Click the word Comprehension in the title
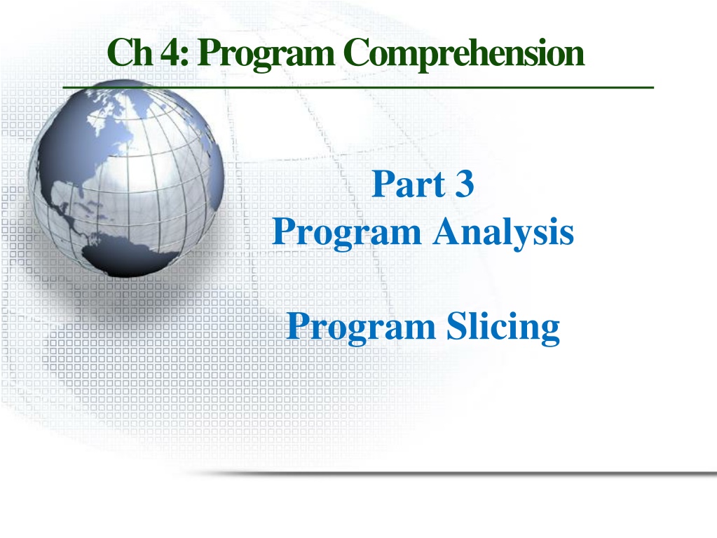coord(467,55)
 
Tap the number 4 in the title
coord(171,52)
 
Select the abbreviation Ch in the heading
coord(130,51)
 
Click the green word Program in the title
coord(267,55)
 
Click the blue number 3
coord(465,184)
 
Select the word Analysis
coord(503,233)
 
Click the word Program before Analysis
coord(347,233)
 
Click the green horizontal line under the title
coord(358,86)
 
